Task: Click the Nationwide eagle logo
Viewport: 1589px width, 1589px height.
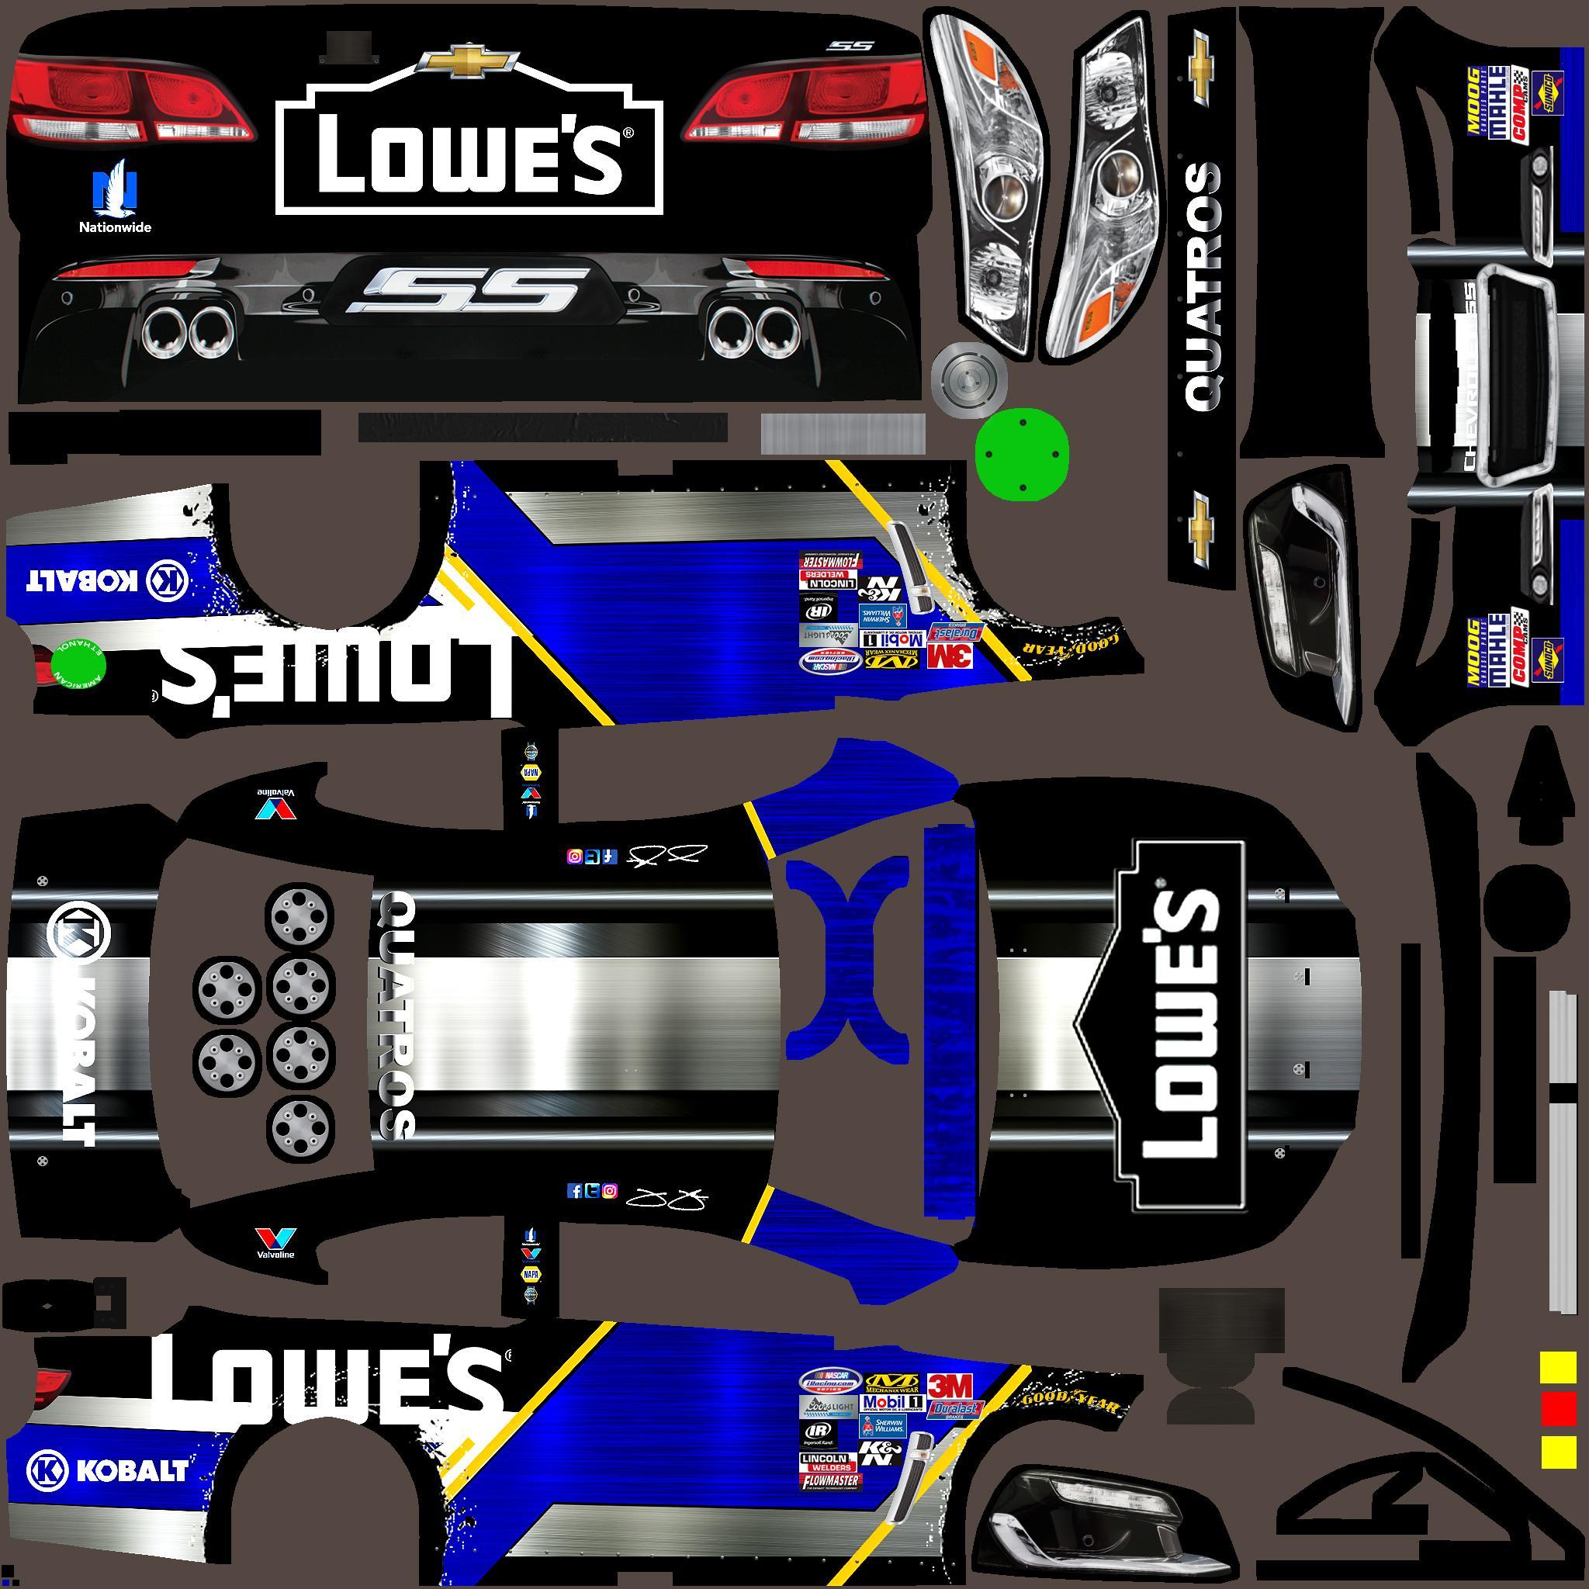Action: pos(113,188)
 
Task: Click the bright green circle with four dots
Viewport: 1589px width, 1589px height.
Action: pos(1022,455)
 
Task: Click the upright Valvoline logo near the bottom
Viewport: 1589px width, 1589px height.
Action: pos(275,1241)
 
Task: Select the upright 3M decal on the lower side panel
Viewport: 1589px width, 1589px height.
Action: pos(950,1385)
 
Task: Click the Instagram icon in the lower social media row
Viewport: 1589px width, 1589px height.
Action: pos(609,1190)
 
